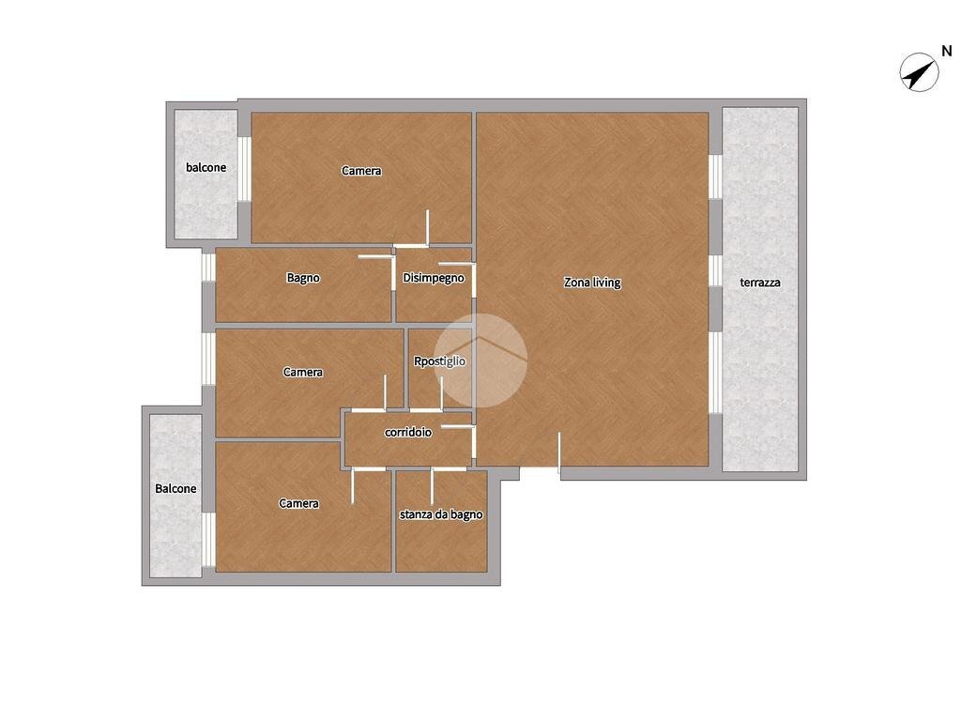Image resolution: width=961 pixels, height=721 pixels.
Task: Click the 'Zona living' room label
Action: tap(592, 283)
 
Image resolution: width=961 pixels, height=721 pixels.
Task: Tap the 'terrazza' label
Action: tap(760, 283)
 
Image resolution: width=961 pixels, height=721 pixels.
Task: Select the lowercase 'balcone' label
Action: tap(206, 167)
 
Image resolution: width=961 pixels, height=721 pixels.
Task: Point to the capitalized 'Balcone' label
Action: tap(175, 488)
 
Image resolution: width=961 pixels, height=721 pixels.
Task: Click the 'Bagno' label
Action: tap(303, 278)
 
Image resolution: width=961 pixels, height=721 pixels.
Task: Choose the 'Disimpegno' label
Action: tap(434, 278)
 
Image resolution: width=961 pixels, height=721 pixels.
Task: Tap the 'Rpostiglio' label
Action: tap(439, 361)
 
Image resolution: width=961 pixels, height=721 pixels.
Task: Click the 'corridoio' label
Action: tap(408, 432)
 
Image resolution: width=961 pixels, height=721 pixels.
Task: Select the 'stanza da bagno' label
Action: tap(441, 514)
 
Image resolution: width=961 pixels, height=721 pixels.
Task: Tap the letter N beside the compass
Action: tap(947, 51)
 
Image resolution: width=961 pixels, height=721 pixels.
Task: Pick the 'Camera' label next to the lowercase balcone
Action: tap(361, 171)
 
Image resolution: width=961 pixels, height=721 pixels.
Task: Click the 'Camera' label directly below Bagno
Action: tap(303, 372)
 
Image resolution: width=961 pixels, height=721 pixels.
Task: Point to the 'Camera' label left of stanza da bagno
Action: tap(298, 503)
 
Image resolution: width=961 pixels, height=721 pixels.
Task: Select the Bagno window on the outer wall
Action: tap(208, 267)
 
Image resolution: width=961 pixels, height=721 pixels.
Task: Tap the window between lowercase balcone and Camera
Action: tap(244, 169)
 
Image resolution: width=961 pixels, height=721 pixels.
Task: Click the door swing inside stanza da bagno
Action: tap(432, 485)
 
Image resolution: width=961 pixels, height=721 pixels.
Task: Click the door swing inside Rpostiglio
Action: tap(441, 393)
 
